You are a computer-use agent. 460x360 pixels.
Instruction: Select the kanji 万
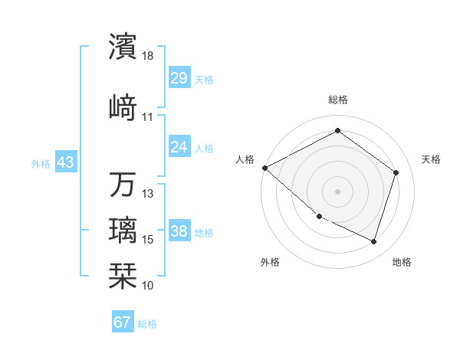click(x=123, y=185)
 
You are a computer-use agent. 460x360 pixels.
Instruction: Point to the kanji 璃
click(x=123, y=230)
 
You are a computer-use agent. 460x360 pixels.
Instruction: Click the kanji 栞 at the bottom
click(x=123, y=273)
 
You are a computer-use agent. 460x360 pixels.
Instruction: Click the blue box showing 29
click(x=179, y=78)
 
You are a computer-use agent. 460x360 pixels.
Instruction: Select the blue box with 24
click(x=179, y=147)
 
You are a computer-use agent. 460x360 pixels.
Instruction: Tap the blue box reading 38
click(x=179, y=231)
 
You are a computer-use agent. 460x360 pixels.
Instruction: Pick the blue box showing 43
click(x=65, y=162)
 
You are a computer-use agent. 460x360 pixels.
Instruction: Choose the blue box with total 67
click(x=123, y=322)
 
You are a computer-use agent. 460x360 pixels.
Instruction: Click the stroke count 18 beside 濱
click(x=148, y=57)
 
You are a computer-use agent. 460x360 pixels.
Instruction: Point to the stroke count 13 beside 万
click(x=148, y=194)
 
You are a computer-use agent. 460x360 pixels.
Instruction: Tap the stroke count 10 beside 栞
click(x=148, y=285)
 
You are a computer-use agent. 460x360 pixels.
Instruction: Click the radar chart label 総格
click(x=337, y=100)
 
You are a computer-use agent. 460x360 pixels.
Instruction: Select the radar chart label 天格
click(x=431, y=159)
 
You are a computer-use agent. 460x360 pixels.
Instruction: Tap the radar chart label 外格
click(x=270, y=262)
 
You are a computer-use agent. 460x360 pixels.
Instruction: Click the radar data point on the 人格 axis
click(x=264, y=168)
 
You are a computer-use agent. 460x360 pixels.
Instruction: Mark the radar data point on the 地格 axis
click(x=374, y=242)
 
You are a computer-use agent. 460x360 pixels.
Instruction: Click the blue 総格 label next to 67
click(x=148, y=324)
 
